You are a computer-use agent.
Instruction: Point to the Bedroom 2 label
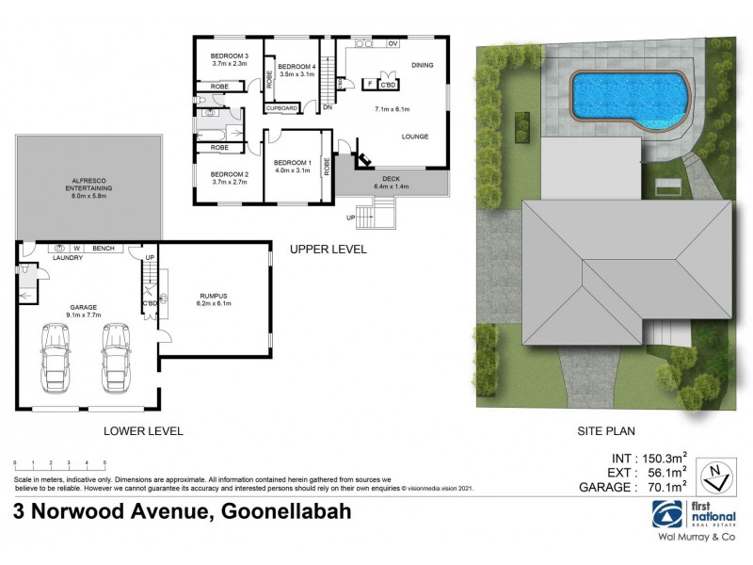tap(229, 174)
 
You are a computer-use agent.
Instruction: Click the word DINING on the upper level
tap(423, 65)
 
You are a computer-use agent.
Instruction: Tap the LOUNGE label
tap(415, 137)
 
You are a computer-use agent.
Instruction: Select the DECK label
tap(392, 178)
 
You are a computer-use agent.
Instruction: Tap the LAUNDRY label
tap(68, 257)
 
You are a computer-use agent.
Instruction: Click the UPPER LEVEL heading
tap(328, 250)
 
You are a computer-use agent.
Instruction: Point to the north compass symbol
tap(717, 474)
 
